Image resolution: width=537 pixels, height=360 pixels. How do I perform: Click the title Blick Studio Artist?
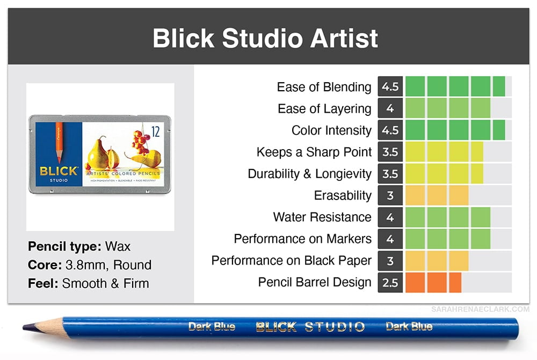coord(265,38)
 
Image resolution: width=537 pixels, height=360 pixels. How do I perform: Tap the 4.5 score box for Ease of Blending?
coord(390,86)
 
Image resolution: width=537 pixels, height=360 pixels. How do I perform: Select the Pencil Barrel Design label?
coord(315,282)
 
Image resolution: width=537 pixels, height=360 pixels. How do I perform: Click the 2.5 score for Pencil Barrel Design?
coord(390,282)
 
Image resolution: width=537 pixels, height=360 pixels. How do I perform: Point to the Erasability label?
coord(343,195)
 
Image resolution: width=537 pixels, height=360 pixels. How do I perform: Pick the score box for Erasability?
coord(390,195)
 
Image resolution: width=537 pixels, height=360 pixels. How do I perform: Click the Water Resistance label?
coord(322,217)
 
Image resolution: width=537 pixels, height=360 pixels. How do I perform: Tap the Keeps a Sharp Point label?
coord(314,152)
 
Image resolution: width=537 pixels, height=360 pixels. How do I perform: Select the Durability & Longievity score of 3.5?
coord(390,173)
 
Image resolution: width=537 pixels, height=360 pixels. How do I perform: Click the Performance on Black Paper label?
coord(292,260)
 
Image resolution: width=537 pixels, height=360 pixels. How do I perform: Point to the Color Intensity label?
coord(331,130)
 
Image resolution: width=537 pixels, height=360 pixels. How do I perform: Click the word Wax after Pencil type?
coord(118,246)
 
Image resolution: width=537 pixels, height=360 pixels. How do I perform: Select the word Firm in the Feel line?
coord(136,283)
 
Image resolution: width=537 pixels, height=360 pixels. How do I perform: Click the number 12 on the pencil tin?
coord(156,131)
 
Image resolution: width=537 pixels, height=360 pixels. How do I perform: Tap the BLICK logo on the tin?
coord(59,171)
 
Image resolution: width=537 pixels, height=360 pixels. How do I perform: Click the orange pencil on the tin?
coord(59,142)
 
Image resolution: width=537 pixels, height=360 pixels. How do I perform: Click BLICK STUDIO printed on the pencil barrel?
coord(310,327)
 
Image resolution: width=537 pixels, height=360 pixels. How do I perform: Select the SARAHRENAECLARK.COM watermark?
coord(480,310)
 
